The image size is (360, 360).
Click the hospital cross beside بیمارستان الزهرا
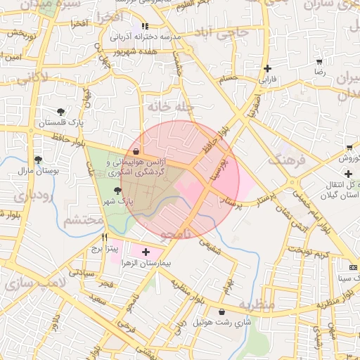click(x=146, y=252)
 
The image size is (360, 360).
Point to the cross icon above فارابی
click(x=267, y=68)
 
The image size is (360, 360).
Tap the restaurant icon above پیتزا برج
click(x=105, y=238)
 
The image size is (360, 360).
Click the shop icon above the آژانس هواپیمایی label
click(x=135, y=151)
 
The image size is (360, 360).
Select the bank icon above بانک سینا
click(x=353, y=268)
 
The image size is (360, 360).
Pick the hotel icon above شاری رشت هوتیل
click(x=222, y=311)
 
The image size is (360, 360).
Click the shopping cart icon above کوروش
click(x=349, y=148)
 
